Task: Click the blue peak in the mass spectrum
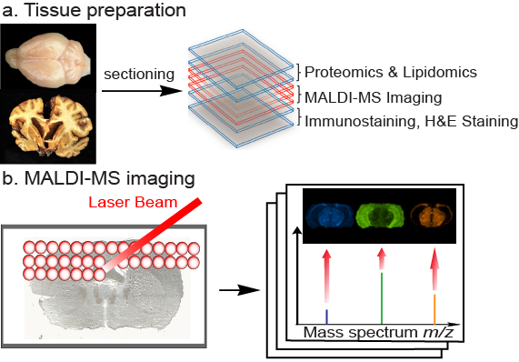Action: point(326,307)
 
